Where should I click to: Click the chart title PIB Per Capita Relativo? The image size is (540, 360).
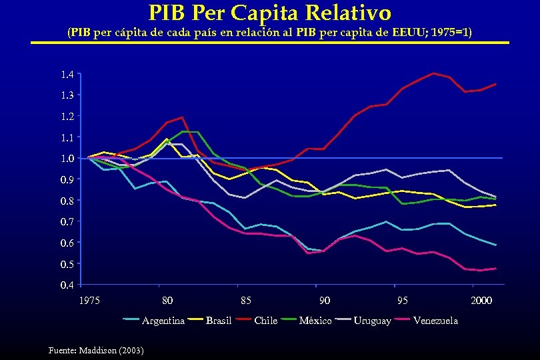[269, 12]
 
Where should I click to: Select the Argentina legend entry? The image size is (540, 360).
[163, 321]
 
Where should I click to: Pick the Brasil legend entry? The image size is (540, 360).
[218, 321]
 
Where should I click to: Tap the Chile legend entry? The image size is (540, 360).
[265, 321]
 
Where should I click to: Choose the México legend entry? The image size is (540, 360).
[315, 321]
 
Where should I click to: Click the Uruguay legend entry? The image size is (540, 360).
[371, 321]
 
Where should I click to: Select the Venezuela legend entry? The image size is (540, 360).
[435, 321]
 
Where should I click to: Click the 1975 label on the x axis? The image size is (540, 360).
[89, 301]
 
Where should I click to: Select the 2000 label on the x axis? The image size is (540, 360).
[481, 301]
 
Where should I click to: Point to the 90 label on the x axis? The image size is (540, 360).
[325, 301]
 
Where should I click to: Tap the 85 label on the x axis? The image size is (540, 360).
[246, 301]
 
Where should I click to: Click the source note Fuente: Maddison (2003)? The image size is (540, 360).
[96, 350]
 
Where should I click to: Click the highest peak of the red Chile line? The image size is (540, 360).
[434, 73]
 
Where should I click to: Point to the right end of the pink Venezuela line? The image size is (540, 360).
[496, 269]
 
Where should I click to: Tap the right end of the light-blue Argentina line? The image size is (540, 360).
[496, 245]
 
